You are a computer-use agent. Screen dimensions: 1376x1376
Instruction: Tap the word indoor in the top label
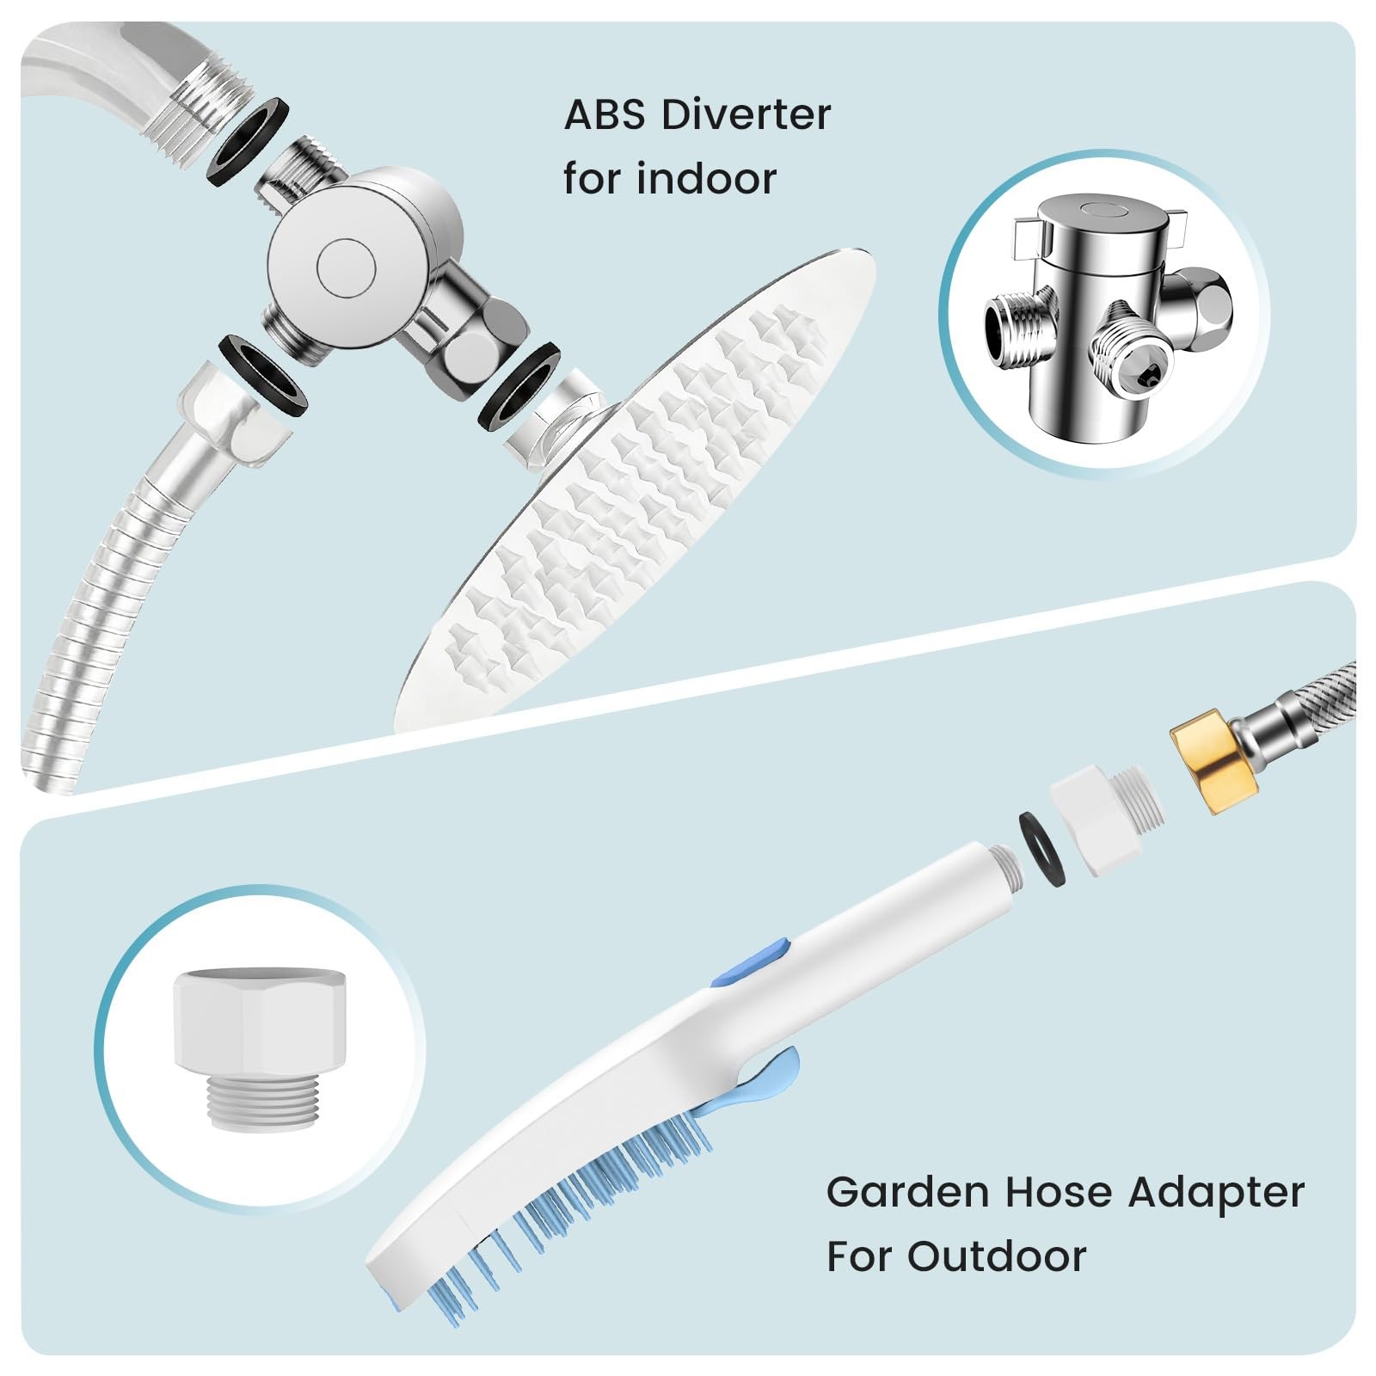[707, 178]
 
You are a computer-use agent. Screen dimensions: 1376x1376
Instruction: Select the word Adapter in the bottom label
[1216, 1194]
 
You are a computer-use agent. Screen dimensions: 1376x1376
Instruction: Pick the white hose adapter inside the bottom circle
[259, 1047]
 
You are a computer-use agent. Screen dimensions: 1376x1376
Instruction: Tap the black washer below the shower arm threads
[248, 140]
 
